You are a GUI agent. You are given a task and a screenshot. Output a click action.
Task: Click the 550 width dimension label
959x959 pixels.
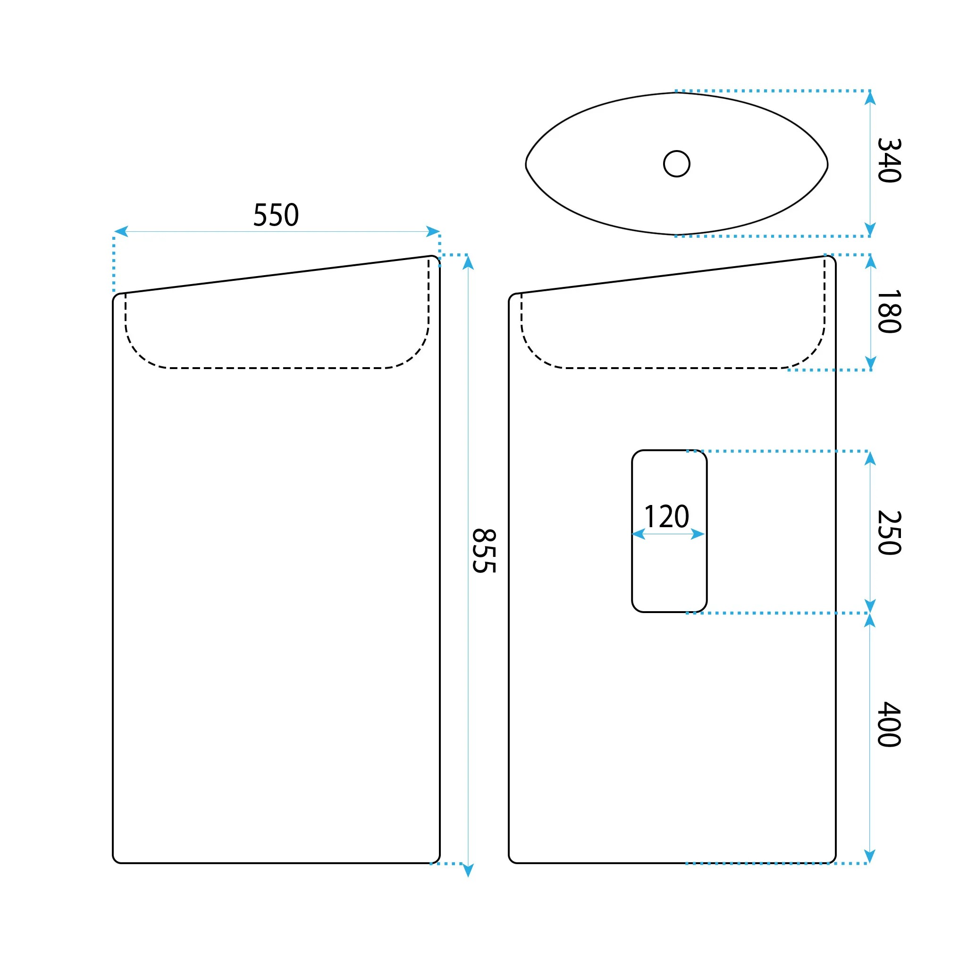click(x=276, y=215)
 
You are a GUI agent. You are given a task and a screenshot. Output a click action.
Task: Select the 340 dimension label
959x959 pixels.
click(x=889, y=160)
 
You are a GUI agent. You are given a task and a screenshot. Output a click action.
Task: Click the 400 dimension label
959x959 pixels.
click(x=889, y=724)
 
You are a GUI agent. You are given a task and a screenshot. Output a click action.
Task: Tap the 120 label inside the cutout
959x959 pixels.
click(x=667, y=517)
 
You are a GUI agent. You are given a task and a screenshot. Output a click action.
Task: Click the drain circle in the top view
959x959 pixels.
click(x=677, y=164)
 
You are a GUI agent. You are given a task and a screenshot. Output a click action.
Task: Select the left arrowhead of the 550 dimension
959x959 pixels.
click(x=121, y=231)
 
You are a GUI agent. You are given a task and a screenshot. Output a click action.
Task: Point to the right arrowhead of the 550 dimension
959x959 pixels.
click(x=433, y=231)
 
